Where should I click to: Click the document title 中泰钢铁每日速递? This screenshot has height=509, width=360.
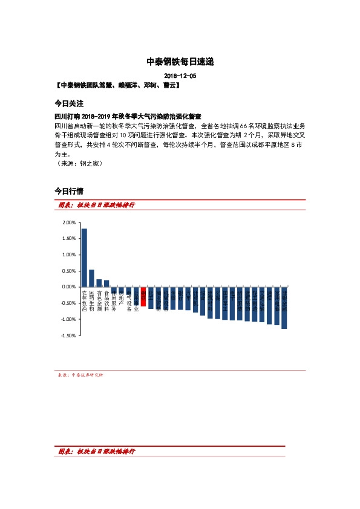tap(180, 62)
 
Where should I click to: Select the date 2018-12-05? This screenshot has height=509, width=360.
tap(180, 76)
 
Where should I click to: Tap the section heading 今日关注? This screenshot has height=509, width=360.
tap(68, 103)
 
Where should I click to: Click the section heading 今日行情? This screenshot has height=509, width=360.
tap(68, 191)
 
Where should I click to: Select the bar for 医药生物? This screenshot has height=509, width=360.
tap(91, 278)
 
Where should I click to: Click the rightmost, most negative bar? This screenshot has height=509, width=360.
tap(284, 308)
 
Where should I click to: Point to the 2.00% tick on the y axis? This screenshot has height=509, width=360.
tap(68, 222)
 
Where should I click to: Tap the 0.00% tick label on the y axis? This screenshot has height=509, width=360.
tap(68, 287)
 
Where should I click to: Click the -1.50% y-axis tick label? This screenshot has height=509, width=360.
tap(68, 335)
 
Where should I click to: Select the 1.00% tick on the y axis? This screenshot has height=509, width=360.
tap(68, 254)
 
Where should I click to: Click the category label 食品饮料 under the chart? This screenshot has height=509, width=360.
tap(106, 300)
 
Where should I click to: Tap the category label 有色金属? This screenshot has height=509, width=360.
tap(99, 300)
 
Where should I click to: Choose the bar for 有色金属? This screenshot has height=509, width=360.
tap(99, 283)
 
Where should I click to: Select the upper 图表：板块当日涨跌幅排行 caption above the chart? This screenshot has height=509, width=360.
tap(96, 205)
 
